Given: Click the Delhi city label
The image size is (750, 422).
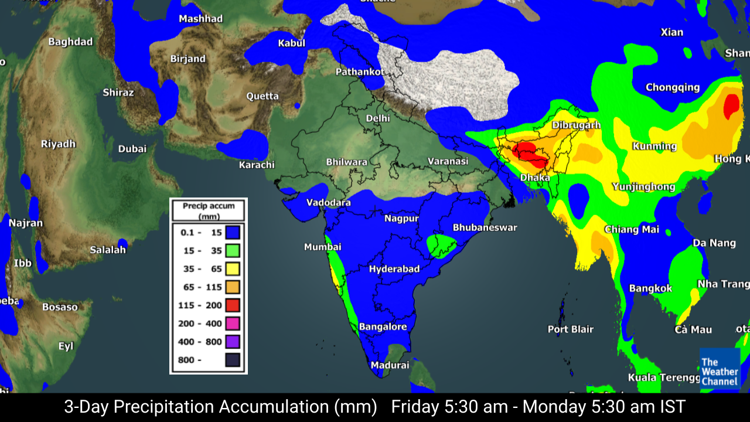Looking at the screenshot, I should [x=378, y=118].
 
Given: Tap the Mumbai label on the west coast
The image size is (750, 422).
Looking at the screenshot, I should [x=322, y=247].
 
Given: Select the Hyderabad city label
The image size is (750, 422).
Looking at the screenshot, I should [x=394, y=269].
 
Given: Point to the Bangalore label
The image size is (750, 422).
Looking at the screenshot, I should [x=383, y=326].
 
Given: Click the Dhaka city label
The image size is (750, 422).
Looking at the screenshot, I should [x=535, y=177].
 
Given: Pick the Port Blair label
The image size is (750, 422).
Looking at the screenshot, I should [x=570, y=329].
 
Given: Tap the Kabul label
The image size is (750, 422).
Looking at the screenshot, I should [x=291, y=43].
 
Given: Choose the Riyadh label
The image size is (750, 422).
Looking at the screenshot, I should [x=58, y=144].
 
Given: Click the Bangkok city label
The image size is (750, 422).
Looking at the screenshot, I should [x=650, y=288].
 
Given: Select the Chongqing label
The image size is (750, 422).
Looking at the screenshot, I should [x=672, y=87].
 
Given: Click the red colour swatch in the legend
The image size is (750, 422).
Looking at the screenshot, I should [x=232, y=305].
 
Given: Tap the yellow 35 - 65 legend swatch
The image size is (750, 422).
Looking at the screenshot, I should [x=232, y=269].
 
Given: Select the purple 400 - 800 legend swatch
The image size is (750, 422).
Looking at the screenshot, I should [x=232, y=342].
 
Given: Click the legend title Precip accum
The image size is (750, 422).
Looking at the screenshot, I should [x=209, y=206].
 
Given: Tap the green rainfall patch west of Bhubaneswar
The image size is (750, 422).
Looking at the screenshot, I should [x=441, y=245].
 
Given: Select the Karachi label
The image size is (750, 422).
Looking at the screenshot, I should [x=257, y=165].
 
